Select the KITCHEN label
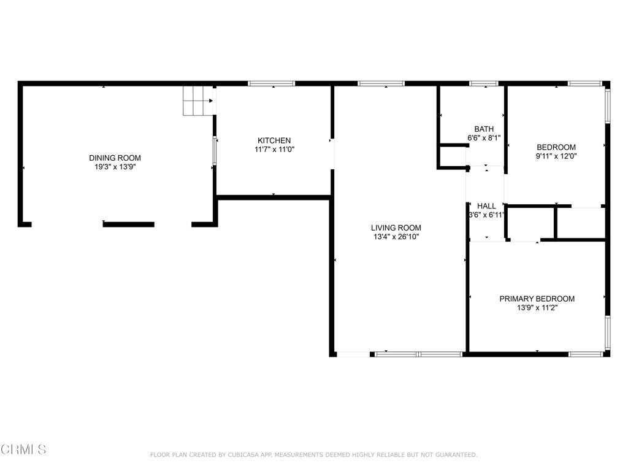274,140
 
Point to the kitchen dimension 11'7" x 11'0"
274,149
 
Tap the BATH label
484,129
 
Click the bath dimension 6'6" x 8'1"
484,138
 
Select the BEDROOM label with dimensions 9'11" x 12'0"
556,147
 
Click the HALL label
486,206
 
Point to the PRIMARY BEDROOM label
537,299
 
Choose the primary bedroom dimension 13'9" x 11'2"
537,308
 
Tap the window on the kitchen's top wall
271,83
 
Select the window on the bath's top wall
483,83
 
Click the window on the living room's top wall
381,83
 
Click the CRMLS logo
23,450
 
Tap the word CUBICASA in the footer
243,454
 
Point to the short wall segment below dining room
128,224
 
